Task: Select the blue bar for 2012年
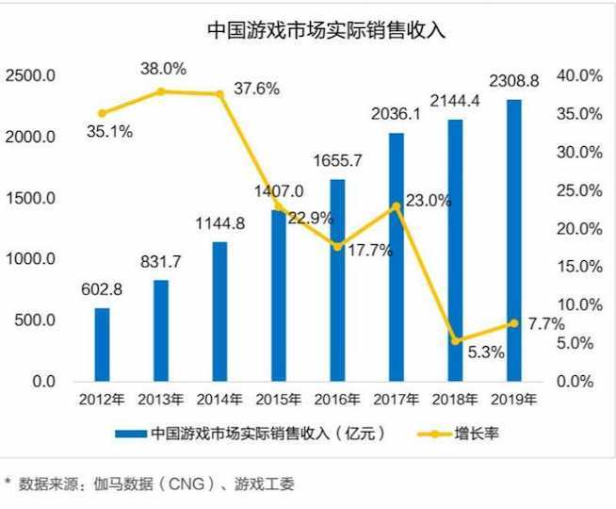pos(102,344)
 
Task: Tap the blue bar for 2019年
pos(513,240)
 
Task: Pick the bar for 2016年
pos(337,280)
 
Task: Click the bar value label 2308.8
pos(513,82)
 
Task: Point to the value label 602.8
pos(102,290)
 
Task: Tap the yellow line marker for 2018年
pos(455,340)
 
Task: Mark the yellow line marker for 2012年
pos(102,113)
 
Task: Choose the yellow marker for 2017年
pos(397,205)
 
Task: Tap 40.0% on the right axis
pos(579,75)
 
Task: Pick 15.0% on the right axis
pos(579,267)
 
